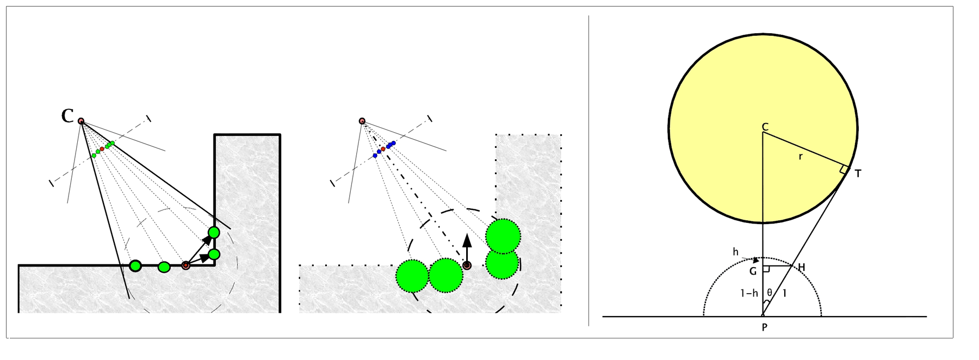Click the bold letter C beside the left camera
(67, 116)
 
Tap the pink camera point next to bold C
(81, 121)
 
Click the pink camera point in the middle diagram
(362, 121)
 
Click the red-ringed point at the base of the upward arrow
(467, 265)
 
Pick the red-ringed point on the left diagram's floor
(186, 265)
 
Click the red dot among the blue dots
(383, 148)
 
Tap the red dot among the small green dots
(102, 148)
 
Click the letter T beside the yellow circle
(858, 174)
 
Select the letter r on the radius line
(801, 157)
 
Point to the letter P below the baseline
(764, 328)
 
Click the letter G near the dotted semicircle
(753, 271)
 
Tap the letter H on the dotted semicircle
(801, 267)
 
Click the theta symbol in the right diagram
(769, 293)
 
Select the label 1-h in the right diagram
(749, 293)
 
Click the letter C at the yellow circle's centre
(765, 127)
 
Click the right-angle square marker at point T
(844, 169)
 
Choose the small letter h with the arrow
(736, 252)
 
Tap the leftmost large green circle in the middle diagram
(412, 276)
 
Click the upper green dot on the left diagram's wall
(214, 233)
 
